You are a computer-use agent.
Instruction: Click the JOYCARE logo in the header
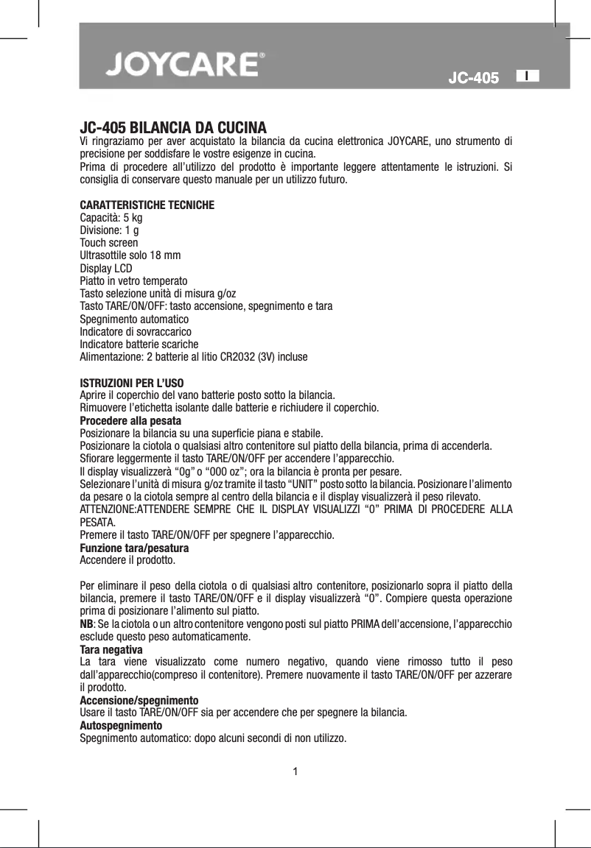click(x=183, y=65)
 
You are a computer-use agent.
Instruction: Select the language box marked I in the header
click(x=528, y=75)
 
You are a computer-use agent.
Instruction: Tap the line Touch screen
click(x=108, y=243)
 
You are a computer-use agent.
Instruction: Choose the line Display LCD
click(x=106, y=269)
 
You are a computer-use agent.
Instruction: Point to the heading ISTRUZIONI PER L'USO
click(x=132, y=383)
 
